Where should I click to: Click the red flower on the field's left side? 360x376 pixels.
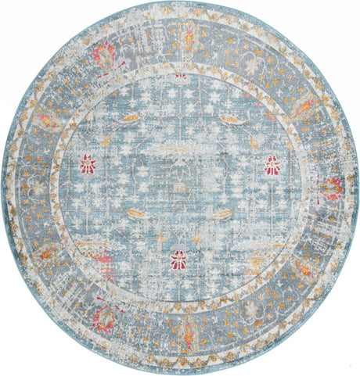point(87,163)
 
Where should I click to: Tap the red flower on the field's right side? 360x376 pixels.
point(272,164)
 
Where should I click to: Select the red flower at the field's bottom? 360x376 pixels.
point(179,260)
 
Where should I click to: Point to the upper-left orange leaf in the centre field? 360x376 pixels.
point(131,119)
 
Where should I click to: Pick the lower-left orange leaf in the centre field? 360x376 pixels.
point(135,213)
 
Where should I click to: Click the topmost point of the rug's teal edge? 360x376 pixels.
point(180,2)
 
